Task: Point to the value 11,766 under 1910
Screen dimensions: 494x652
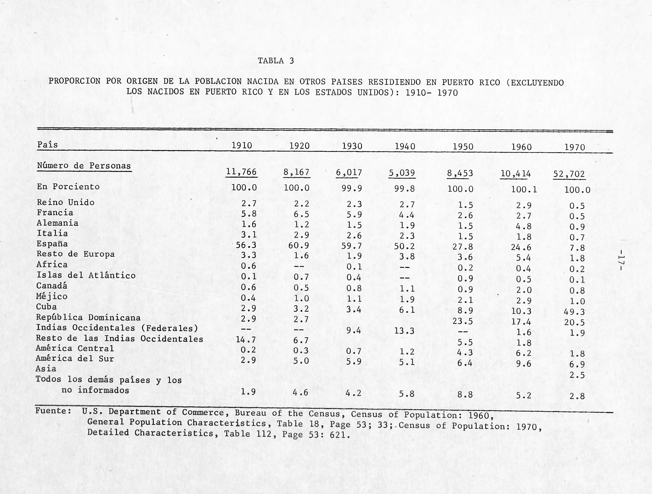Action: coord(241,172)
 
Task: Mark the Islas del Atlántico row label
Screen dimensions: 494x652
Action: coord(86,275)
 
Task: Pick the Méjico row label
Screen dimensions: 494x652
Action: coord(52,296)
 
